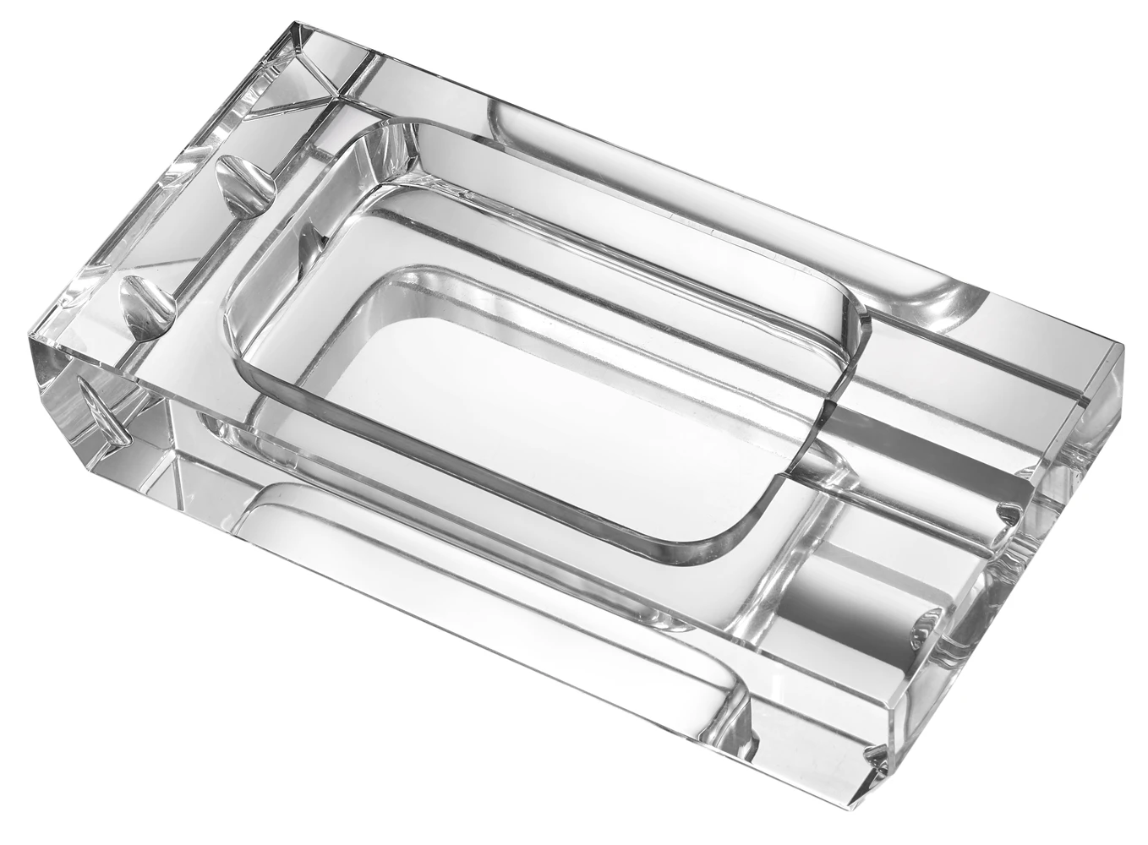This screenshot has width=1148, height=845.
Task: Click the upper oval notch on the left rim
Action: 242,179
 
